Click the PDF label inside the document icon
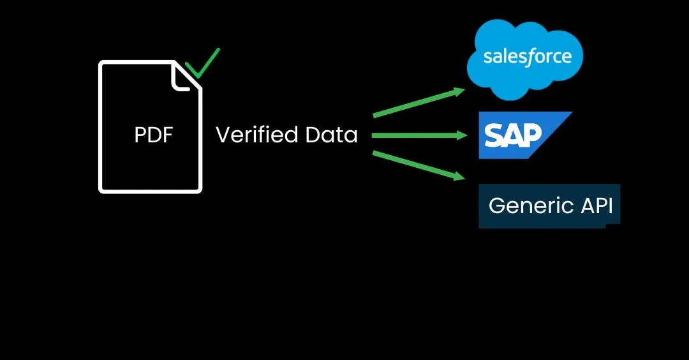pyautogui.click(x=154, y=135)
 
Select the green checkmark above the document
pyautogui.click(x=202, y=64)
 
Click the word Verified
pyautogui.click(x=256, y=135)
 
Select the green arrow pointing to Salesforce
pyautogui.click(x=418, y=103)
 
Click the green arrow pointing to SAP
pyautogui.click(x=418, y=135)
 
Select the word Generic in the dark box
pyautogui.click(x=522, y=206)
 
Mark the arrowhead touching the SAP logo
pyautogui.click(x=463, y=135)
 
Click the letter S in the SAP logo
pyautogui.click(x=494, y=135)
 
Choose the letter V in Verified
pyautogui.click(x=223, y=135)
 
